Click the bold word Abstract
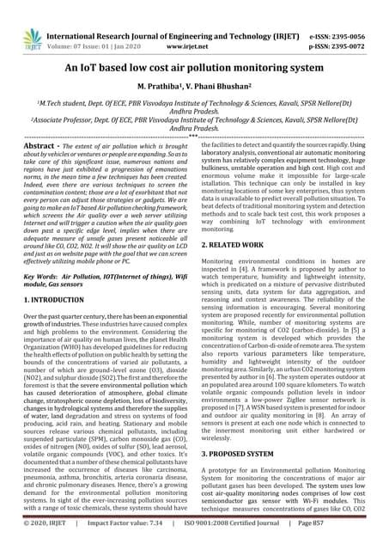(42, 149)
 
